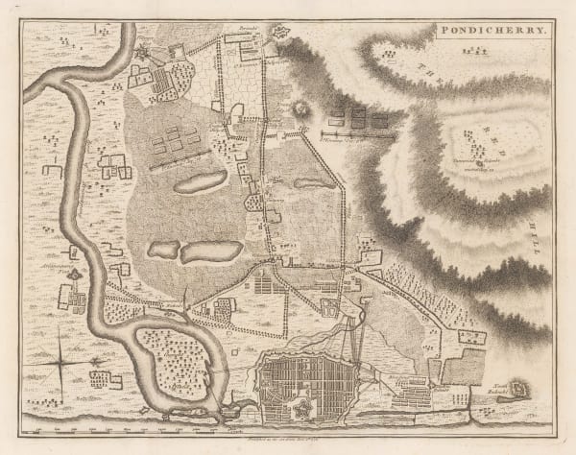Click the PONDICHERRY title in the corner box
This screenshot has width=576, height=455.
(x=491, y=31)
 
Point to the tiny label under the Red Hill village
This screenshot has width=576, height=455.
(x=474, y=163)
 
